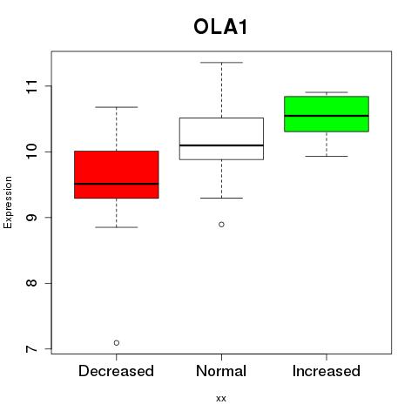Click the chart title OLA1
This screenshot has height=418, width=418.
coord(220,27)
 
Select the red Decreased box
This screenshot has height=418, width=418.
coord(117,174)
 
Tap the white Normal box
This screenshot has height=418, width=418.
coord(221,138)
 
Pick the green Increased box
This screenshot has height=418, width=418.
coord(327,114)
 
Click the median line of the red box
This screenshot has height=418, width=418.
coord(117,184)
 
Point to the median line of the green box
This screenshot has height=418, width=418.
coord(327,116)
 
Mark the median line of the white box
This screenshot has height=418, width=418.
coord(221,145)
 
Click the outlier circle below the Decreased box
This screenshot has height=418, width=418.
coord(117,343)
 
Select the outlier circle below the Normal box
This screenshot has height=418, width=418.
coord(221,225)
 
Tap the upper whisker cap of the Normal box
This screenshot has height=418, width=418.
coord(221,63)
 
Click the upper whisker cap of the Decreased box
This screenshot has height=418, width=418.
coord(117,107)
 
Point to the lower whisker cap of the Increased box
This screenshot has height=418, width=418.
coord(327,156)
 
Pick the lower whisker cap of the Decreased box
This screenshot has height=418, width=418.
coord(117,227)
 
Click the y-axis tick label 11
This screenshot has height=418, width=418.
coord(31,86)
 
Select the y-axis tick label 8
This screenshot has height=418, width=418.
coord(31,283)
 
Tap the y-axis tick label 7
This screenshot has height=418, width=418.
coord(31,348)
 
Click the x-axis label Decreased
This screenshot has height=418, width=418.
coord(116,371)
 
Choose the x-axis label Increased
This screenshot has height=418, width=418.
coord(327,371)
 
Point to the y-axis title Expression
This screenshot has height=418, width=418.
coord(8,202)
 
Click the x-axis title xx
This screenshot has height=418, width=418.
coord(221,399)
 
